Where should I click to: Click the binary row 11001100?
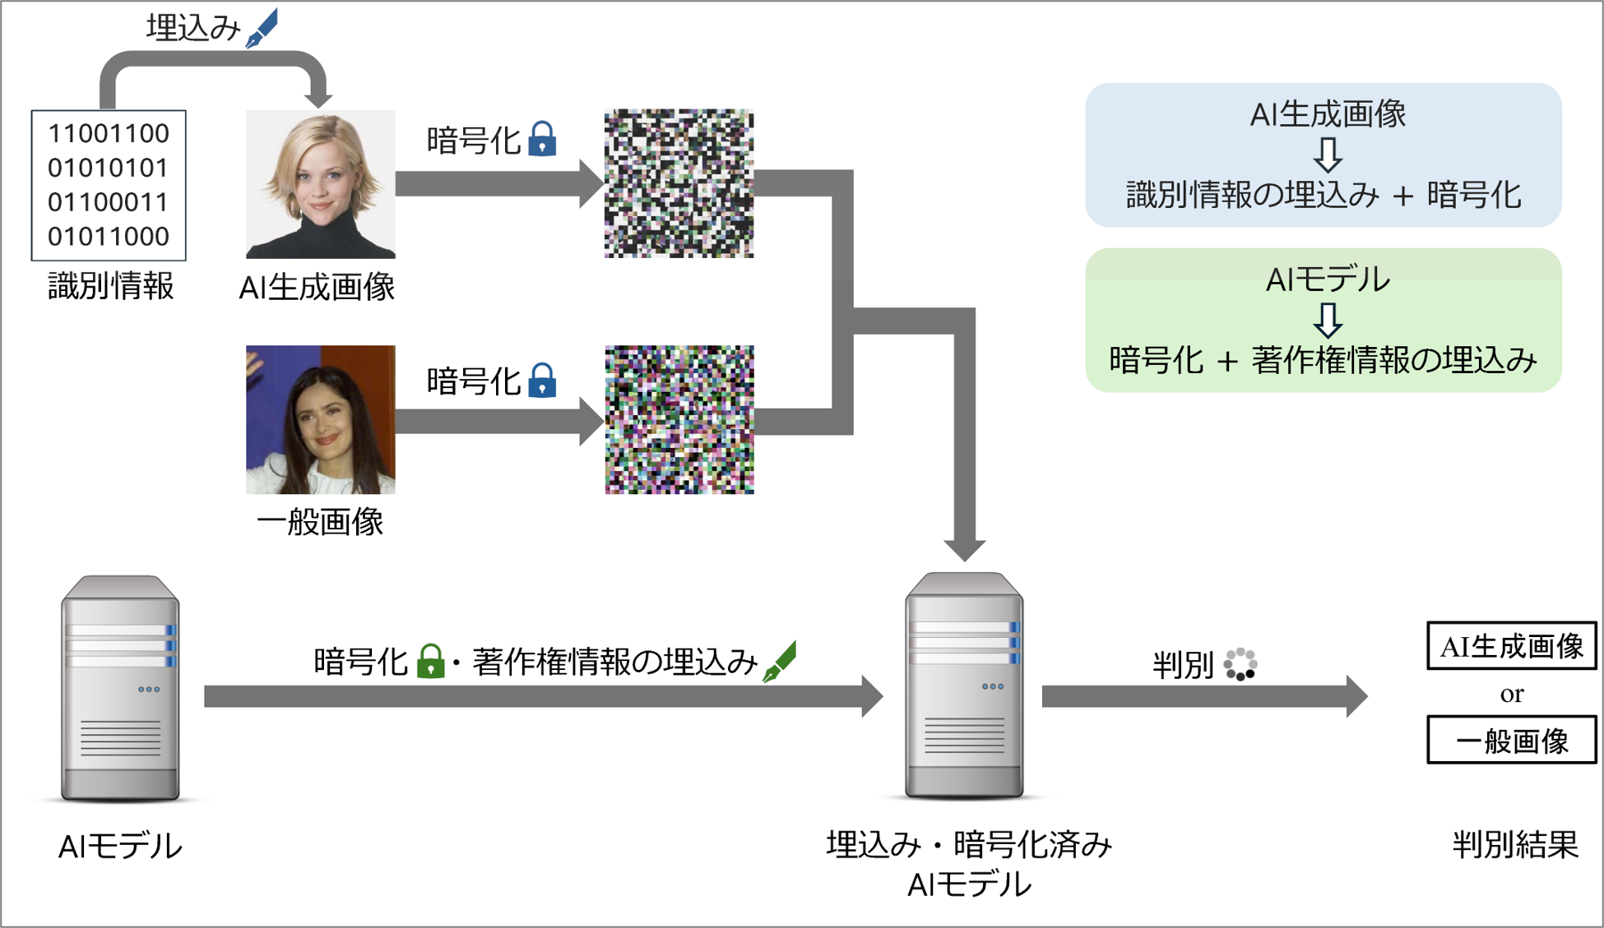pyautogui.click(x=109, y=133)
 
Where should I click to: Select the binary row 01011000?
pyautogui.click(x=109, y=237)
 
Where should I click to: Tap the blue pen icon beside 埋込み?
pyautogui.click(x=262, y=28)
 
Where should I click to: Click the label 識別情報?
pyautogui.click(x=110, y=286)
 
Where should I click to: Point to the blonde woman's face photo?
pyautogui.click(x=320, y=184)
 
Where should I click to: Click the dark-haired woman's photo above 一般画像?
pyautogui.click(x=320, y=419)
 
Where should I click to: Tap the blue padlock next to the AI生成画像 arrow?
pyautogui.click(x=542, y=139)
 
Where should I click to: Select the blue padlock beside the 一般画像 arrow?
pyautogui.click(x=542, y=380)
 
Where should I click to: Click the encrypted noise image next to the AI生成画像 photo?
pyautogui.click(x=679, y=183)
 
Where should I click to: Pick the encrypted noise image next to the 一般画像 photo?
pyautogui.click(x=679, y=419)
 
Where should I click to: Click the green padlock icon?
pyautogui.click(x=430, y=661)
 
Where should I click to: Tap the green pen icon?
pyautogui.click(x=780, y=661)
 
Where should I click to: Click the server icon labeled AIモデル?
pyautogui.click(x=120, y=689)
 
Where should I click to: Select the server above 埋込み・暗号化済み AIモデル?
pyautogui.click(x=964, y=686)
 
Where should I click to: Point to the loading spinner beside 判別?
pyautogui.click(x=1240, y=664)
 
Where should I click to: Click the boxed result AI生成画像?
pyautogui.click(x=1511, y=646)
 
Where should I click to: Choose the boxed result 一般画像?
pyautogui.click(x=1511, y=741)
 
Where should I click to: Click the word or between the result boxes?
pyautogui.click(x=1511, y=694)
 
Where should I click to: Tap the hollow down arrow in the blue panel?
pyautogui.click(x=1327, y=154)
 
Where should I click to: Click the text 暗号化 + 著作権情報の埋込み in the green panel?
pyautogui.click(x=1323, y=360)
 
